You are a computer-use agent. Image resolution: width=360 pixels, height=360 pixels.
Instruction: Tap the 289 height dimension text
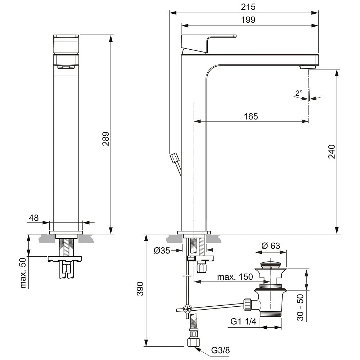[x=106, y=139]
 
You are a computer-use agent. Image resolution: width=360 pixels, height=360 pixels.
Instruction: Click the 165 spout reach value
[x=251, y=116]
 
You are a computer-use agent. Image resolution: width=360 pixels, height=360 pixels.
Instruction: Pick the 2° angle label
[x=298, y=93]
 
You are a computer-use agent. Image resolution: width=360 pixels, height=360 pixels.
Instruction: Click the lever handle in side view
[x=208, y=43]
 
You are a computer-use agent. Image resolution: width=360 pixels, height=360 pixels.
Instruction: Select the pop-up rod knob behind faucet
[x=175, y=158]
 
